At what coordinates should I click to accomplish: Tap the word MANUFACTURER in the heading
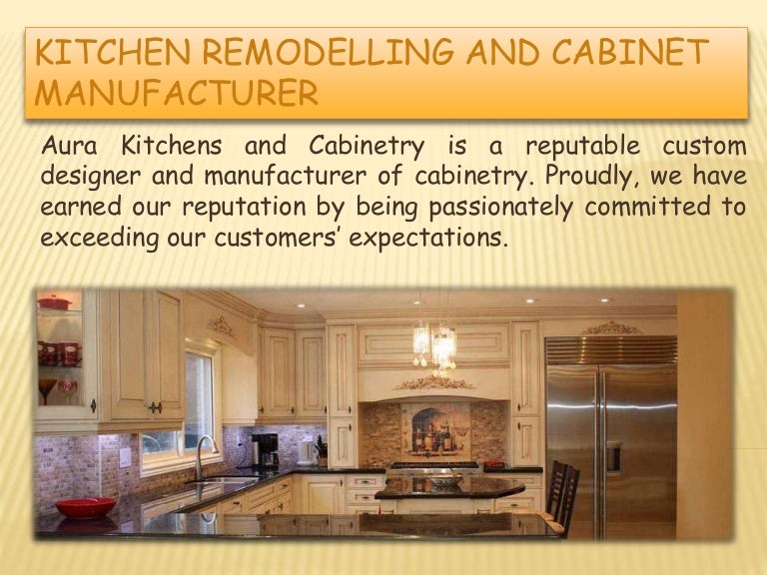(x=177, y=93)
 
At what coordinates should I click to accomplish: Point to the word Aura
(x=69, y=146)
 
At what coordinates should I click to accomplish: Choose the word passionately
(x=501, y=208)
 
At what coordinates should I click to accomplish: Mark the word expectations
(x=427, y=239)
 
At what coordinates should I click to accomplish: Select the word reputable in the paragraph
(x=582, y=147)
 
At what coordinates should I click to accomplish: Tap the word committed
(x=647, y=206)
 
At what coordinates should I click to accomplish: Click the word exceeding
(x=100, y=239)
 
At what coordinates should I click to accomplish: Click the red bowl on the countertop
(x=86, y=507)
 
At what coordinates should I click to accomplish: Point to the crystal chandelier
(x=434, y=344)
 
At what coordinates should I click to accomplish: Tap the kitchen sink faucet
(x=205, y=456)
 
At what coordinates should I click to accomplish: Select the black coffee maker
(x=265, y=451)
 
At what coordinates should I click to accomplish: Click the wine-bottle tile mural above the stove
(x=434, y=429)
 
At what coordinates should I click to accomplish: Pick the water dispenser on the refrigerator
(x=613, y=457)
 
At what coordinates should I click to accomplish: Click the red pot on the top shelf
(x=54, y=302)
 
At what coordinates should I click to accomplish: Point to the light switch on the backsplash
(x=125, y=457)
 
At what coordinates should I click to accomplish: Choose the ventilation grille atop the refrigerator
(x=611, y=350)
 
